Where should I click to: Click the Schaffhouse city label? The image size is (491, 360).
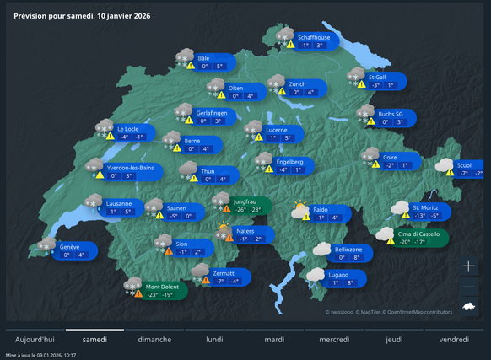pyautogui.click(x=315, y=37)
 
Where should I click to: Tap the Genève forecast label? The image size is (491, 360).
pyautogui.click(x=70, y=247)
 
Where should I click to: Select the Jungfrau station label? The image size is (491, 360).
pyautogui.click(x=245, y=201)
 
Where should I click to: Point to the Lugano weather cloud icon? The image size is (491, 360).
pyautogui.click(x=316, y=274)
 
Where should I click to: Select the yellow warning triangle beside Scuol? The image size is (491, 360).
pyautogui.click(x=451, y=173)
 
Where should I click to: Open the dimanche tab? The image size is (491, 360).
pyautogui.click(x=154, y=340)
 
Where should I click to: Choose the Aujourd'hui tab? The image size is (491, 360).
pyautogui.click(x=35, y=340)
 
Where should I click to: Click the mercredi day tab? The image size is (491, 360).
pyautogui.click(x=334, y=340)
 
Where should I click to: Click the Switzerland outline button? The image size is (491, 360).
pyautogui.click(x=470, y=310)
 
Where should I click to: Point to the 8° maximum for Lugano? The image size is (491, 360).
pyautogui.click(x=351, y=282)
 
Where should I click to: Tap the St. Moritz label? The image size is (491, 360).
pyautogui.click(x=426, y=206)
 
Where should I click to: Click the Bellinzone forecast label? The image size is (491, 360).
pyautogui.click(x=348, y=250)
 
